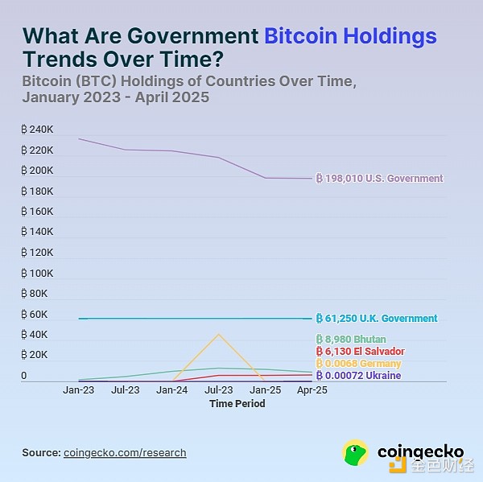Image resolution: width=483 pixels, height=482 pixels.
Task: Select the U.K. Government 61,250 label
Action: (x=377, y=319)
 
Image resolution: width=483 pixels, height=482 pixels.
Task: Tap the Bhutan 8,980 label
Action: (x=351, y=340)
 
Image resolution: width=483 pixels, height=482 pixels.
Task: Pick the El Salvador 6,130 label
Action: (x=360, y=352)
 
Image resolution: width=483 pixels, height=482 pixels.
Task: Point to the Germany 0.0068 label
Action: (x=358, y=364)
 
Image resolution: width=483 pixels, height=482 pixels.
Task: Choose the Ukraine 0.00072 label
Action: (x=358, y=376)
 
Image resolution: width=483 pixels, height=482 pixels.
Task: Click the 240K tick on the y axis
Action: (x=38, y=130)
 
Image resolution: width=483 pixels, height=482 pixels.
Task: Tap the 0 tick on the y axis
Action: (x=24, y=376)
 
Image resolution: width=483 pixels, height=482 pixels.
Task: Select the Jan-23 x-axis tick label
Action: (x=78, y=390)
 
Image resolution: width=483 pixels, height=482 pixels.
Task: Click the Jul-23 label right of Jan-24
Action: (x=218, y=390)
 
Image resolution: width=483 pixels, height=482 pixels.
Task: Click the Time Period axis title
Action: (x=237, y=404)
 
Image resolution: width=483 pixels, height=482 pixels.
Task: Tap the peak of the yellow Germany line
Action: (x=218, y=334)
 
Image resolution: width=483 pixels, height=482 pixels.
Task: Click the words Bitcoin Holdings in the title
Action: (x=350, y=35)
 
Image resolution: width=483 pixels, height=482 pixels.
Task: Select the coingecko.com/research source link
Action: (x=125, y=453)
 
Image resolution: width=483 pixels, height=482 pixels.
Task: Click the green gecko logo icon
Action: (x=355, y=453)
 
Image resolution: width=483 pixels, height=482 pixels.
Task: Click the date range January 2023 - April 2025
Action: (x=116, y=98)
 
